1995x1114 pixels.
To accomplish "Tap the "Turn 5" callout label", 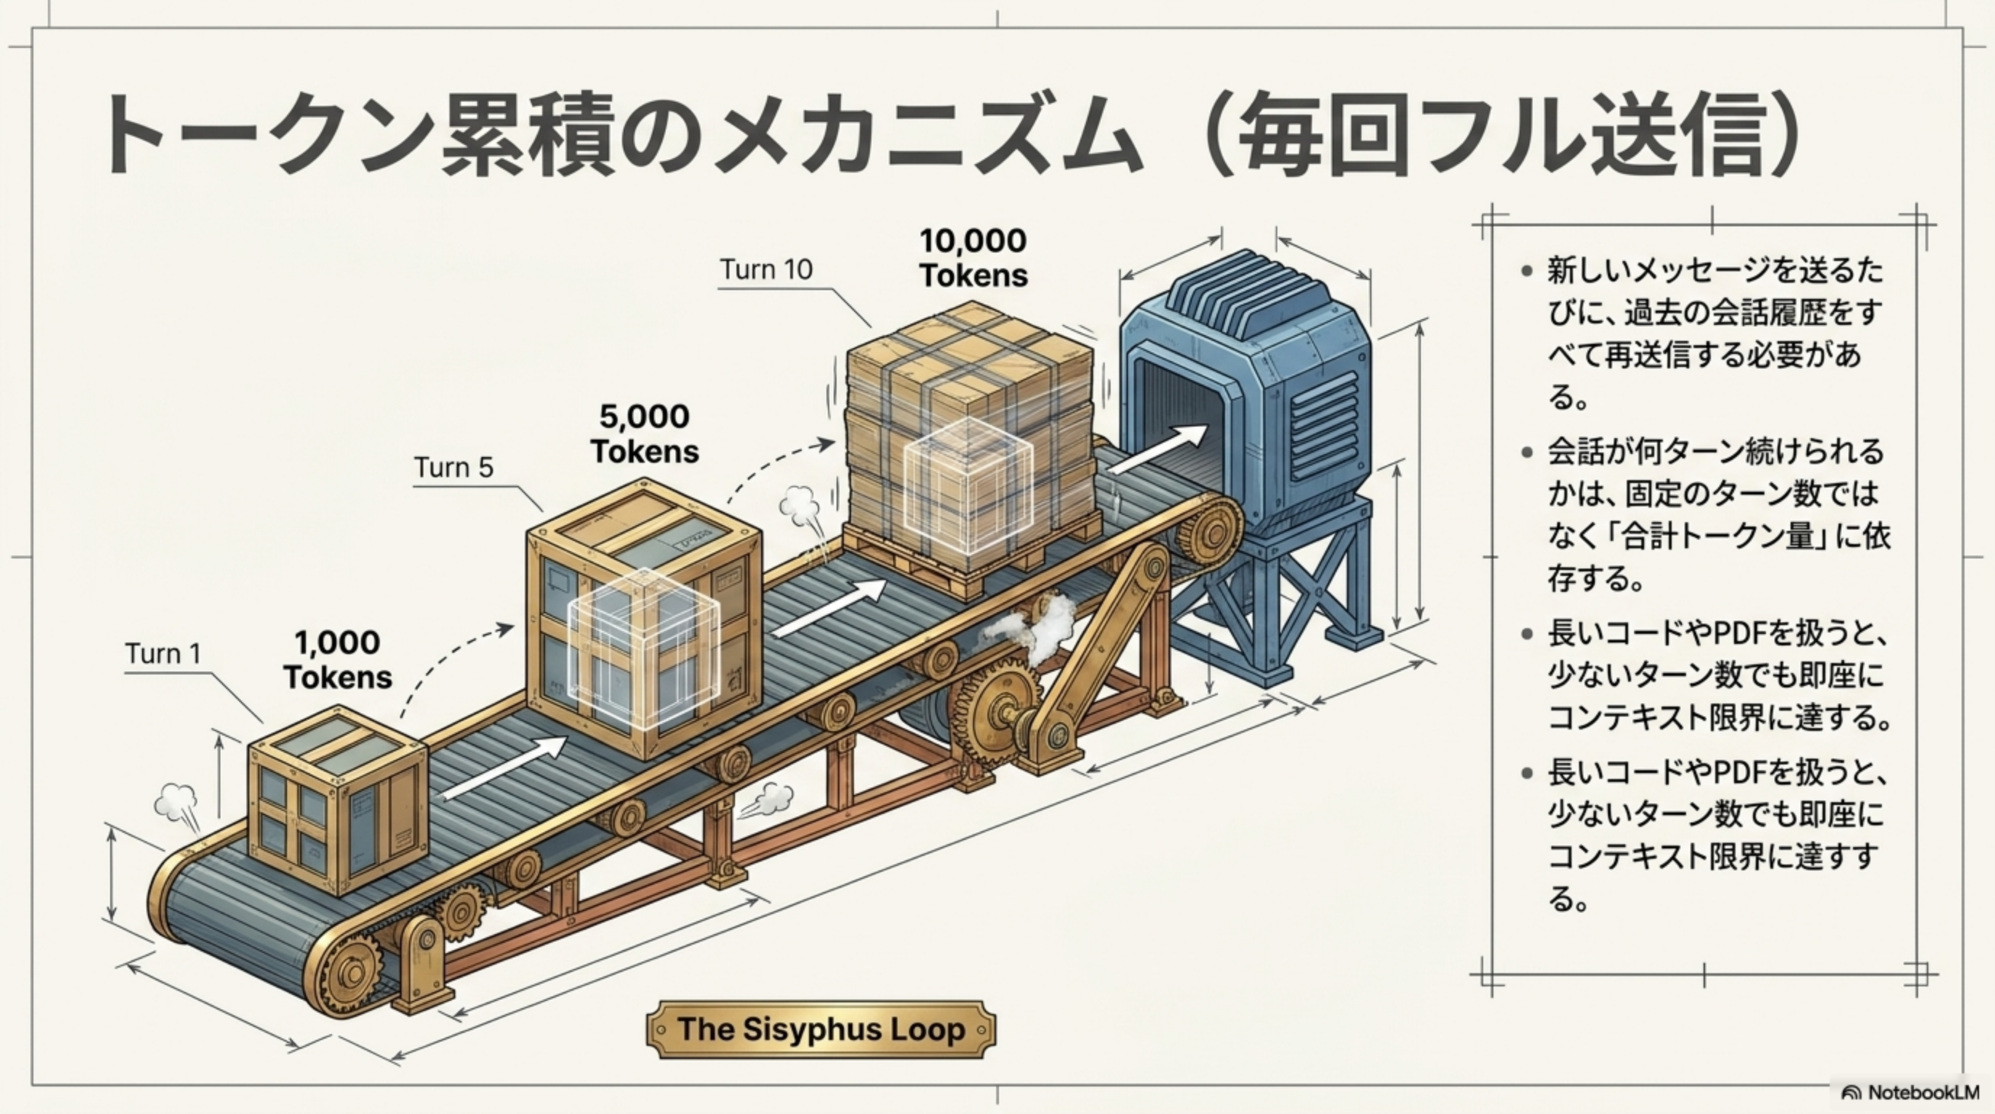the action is (x=453, y=467).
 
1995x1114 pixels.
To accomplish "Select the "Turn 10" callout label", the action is (x=766, y=269).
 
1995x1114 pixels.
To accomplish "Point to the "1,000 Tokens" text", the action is (x=338, y=659).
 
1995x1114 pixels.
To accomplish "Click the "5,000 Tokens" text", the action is (x=644, y=433).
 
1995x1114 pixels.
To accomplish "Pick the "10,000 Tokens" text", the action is (x=974, y=257).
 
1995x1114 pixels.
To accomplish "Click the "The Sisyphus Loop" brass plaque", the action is (x=821, y=1030).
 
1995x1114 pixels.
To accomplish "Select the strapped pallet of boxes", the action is (x=972, y=450).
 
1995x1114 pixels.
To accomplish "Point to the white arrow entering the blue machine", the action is (x=1158, y=450).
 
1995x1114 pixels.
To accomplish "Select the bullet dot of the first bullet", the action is (x=1527, y=271).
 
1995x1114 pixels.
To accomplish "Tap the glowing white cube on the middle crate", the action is (x=644, y=648).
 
